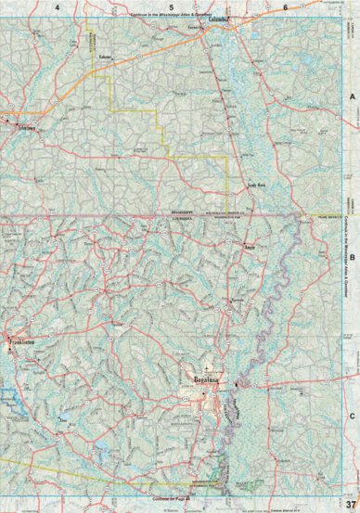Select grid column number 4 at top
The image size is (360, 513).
[x=57, y=6]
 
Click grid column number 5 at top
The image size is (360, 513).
[x=172, y=6]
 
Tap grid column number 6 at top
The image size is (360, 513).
[x=285, y=6]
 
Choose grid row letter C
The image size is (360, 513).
[x=352, y=391]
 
